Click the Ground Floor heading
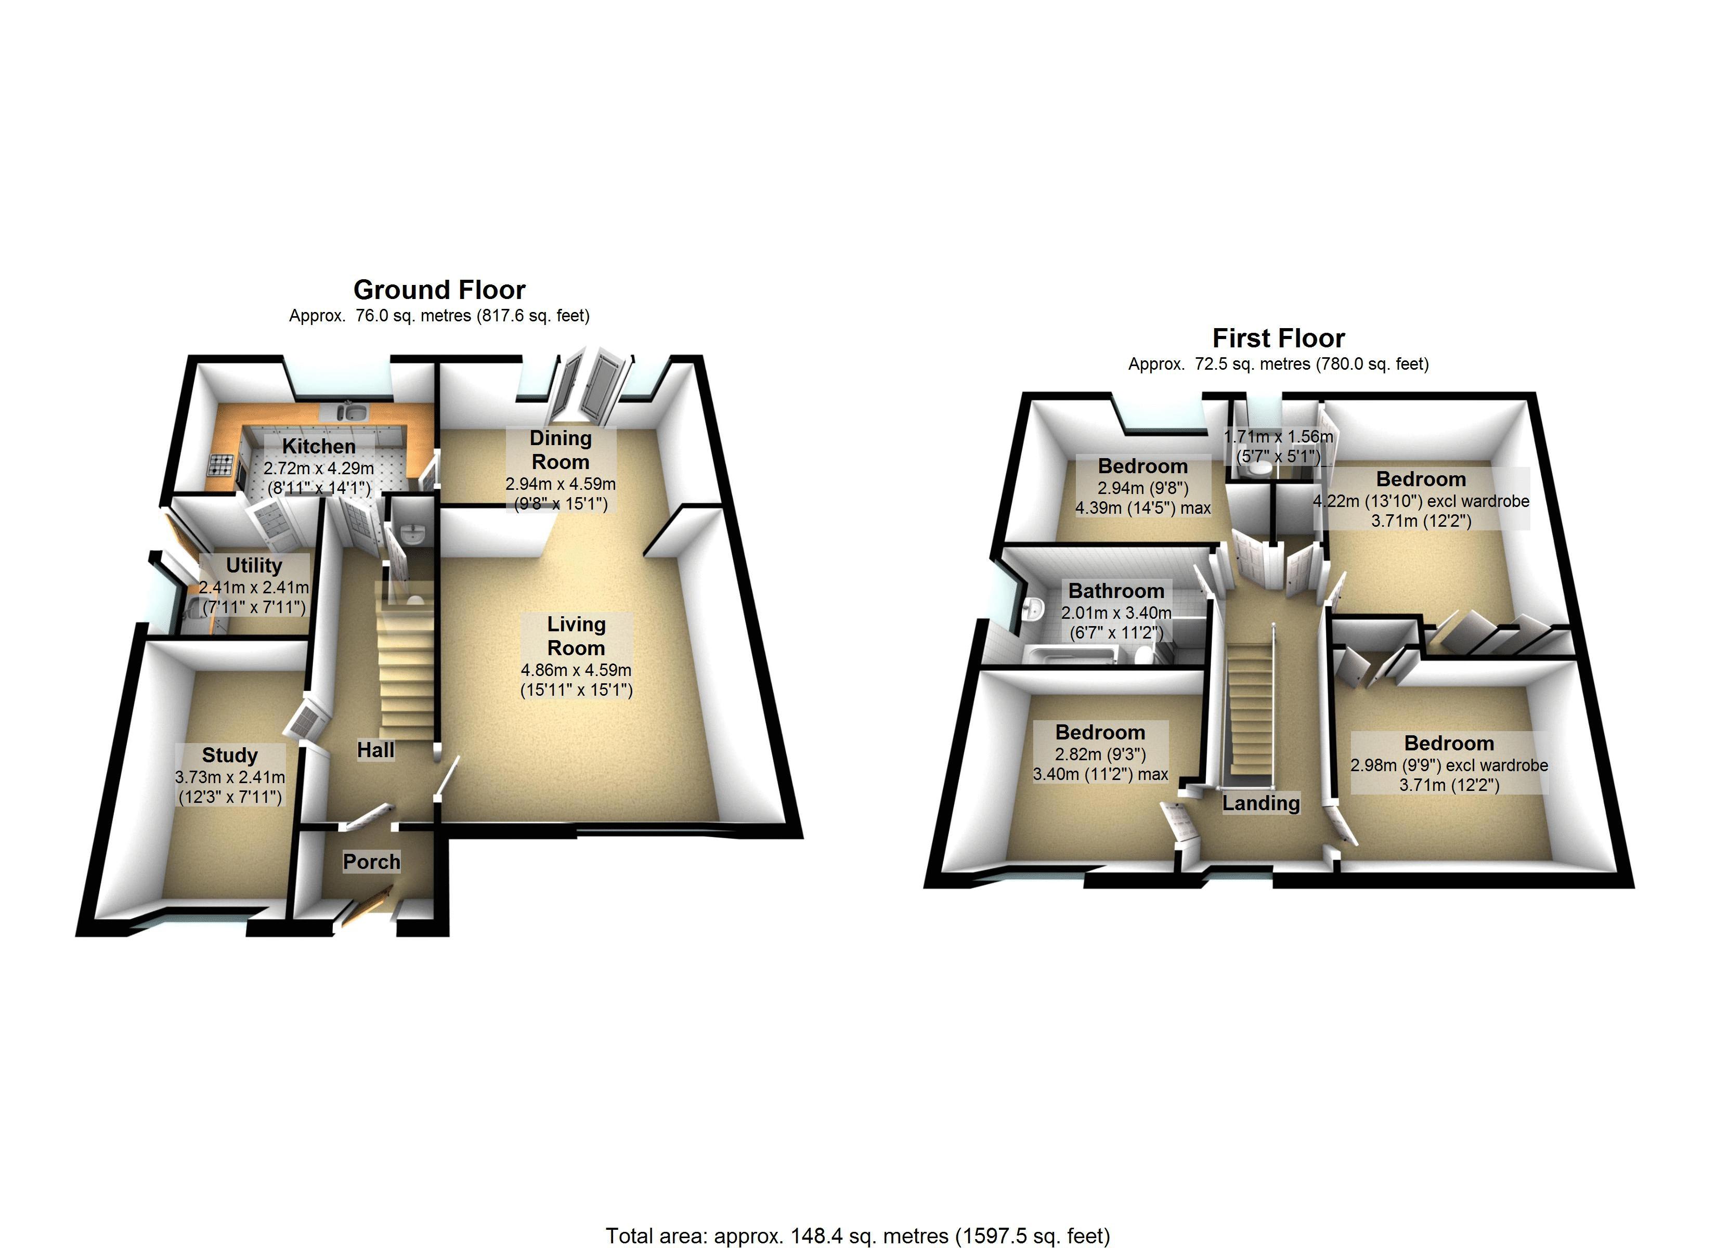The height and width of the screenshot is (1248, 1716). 439,290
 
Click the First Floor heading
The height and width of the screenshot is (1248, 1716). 1278,339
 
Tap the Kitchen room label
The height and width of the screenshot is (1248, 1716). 319,447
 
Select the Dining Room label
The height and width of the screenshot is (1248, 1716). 561,450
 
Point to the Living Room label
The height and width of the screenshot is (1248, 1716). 577,636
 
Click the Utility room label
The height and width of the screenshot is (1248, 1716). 254,565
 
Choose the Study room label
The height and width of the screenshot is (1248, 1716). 230,756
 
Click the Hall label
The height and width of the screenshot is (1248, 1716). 376,750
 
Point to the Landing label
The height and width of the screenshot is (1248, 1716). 1262,803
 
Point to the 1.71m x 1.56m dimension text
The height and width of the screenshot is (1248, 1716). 1279,437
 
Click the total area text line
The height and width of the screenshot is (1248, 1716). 858,1236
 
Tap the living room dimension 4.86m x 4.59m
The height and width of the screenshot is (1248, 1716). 577,670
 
